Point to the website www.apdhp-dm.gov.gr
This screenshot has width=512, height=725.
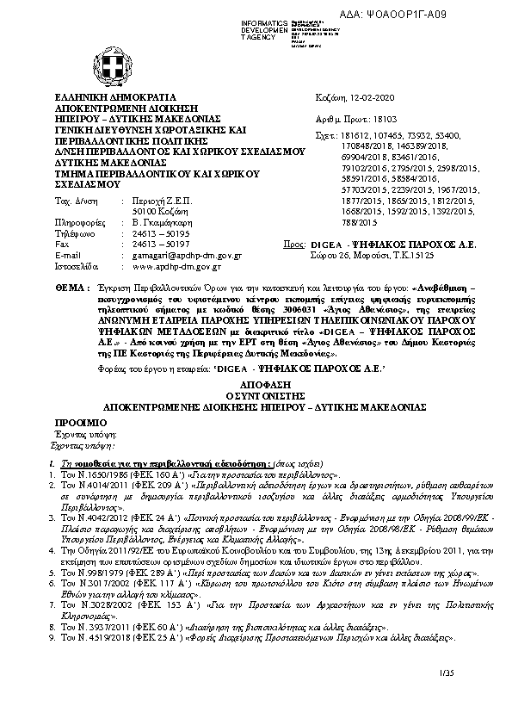(176, 268)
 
